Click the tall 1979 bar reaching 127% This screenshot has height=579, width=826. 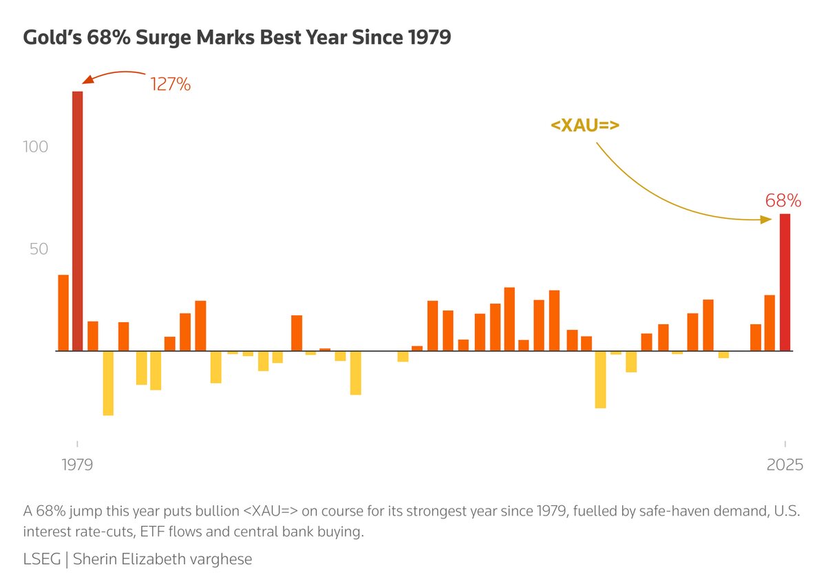point(77,220)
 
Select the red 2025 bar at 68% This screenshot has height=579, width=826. point(785,282)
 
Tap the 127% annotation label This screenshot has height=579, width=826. point(170,85)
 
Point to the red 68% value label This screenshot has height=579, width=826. point(783,201)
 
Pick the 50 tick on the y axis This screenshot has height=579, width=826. point(39,249)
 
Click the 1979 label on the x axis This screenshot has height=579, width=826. point(76,465)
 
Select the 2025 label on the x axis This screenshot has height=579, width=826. point(785,465)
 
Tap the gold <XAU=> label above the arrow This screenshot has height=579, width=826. point(585,125)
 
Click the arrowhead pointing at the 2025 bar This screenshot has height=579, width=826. point(765,220)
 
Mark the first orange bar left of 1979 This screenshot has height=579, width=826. point(63,313)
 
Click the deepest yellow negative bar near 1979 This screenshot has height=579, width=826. point(108,383)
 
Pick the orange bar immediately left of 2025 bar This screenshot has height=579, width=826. point(770,323)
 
